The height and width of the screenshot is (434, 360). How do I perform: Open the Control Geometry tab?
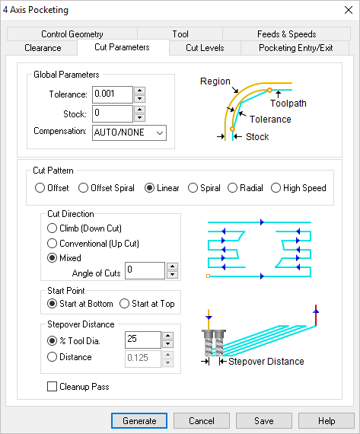coord(72,34)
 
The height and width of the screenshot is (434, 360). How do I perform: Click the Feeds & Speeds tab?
coord(286,34)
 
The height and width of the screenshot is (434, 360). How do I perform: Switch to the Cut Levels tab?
coord(205,48)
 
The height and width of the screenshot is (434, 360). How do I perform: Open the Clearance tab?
coord(43,48)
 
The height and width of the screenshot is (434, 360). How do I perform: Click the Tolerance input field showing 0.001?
coord(112,94)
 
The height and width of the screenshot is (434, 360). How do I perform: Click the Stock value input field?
coord(112,113)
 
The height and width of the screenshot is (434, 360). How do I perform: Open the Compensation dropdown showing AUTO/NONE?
coord(129,133)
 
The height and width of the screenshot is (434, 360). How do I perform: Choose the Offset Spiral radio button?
coord(84,188)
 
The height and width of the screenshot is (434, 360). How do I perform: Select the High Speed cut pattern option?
coord(277,188)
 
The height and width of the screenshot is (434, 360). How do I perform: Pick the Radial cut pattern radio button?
coord(234,188)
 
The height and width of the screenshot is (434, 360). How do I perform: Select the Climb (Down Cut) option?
coord(52,228)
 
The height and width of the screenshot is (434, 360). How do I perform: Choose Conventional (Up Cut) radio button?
coord(52,243)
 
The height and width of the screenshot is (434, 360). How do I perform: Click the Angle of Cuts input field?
coord(145,270)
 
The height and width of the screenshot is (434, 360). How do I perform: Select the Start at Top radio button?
coord(125,304)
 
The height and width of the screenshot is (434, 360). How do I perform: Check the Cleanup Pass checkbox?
coord(52,387)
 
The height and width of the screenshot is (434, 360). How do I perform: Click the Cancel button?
coord(201,421)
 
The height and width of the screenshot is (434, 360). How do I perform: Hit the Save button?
coord(264,421)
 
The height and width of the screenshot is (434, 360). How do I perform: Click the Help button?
coord(327,421)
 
